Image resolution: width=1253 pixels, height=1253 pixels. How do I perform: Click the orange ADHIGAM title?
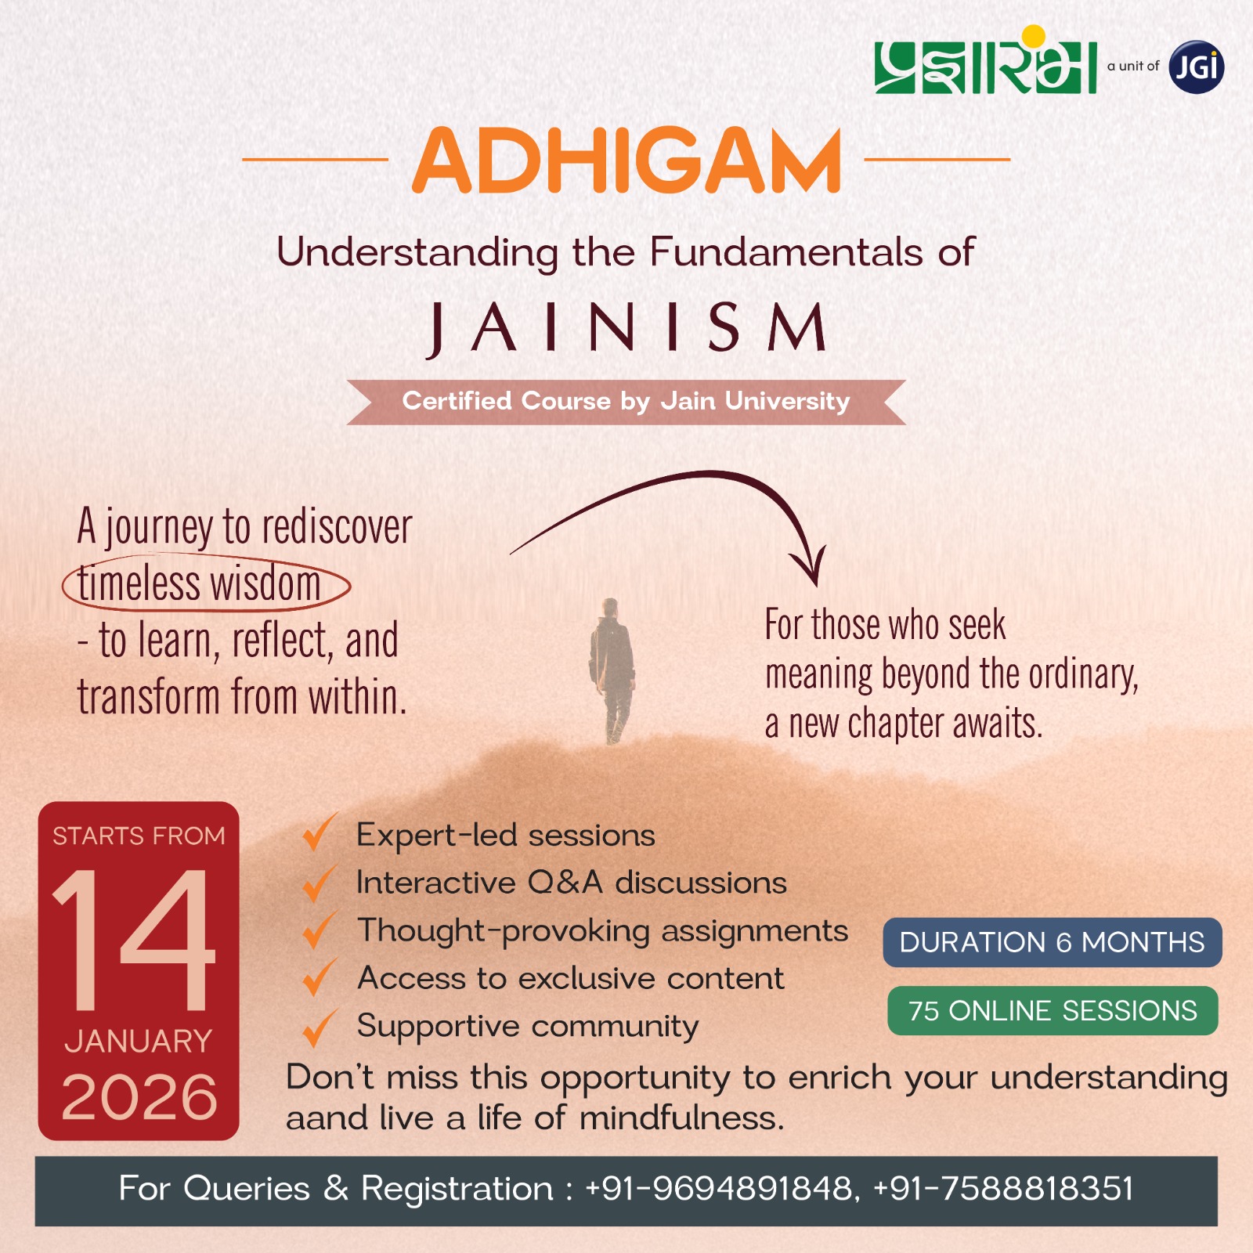tap(626, 161)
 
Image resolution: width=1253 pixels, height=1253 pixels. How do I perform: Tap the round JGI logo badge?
tap(1196, 67)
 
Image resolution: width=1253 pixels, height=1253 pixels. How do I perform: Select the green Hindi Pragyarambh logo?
tap(985, 61)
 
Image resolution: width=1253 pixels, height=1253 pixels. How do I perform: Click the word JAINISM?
tap(626, 328)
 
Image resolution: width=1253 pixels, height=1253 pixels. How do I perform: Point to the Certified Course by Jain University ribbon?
tap(626, 402)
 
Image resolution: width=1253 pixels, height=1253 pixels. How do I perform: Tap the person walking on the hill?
tap(612, 670)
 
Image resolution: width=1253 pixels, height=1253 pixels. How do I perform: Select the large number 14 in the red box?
tap(133, 939)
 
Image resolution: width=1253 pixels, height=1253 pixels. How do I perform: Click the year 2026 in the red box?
tap(139, 1097)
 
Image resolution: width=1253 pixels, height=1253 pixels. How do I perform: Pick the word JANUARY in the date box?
tap(139, 1042)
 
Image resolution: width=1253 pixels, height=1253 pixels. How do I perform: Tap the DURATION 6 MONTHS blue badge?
tap(1053, 942)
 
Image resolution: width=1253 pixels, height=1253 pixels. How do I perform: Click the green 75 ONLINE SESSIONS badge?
tap(1053, 1011)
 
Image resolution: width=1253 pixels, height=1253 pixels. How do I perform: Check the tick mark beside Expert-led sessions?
tap(320, 831)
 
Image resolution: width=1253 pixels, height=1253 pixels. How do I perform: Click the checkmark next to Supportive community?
tap(320, 1027)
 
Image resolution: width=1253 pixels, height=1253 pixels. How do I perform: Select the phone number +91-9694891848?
tap(719, 1189)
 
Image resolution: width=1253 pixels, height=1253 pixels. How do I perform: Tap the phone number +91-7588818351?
tap(1003, 1189)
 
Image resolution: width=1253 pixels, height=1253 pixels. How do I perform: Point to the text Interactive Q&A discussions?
tap(571, 883)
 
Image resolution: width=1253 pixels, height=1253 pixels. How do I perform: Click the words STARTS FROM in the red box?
tap(139, 836)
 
